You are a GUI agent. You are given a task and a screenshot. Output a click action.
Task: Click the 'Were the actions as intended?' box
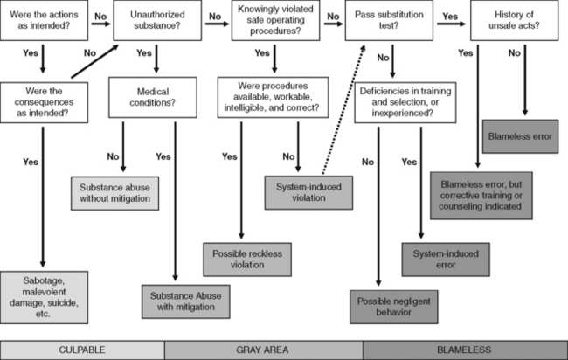click(x=45, y=22)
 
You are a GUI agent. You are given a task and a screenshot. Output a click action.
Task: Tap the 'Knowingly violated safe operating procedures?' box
click(x=275, y=22)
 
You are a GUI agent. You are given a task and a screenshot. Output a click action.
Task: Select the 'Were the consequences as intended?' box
click(x=43, y=100)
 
